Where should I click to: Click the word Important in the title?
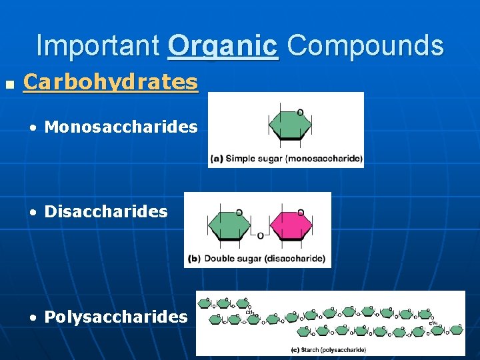pyautogui.click(x=97, y=46)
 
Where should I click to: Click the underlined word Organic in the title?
pyautogui.click(x=223, y=46)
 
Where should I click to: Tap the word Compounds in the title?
pyautogui.click(x=365, y=46)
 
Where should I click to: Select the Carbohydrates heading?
pyautogui.click(x=110, y=82)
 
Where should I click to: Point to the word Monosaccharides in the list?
pyautogui.click(x=121, y=127)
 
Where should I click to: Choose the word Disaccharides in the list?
pyautogui.click(x=106, y=211)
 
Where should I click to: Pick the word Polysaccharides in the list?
pyautogui.click(x=116, y=317)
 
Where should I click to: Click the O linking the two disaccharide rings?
pyautogui.click(x=260, y=235)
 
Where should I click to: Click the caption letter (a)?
pyautogui.click(x=217, y=159)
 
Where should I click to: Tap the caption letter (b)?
pyautogui.click(x=195, y=259)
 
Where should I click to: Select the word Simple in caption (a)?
pyautogui.click(x=241, y=159)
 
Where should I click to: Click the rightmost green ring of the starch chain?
pyautogui.click(x=457, y=330)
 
